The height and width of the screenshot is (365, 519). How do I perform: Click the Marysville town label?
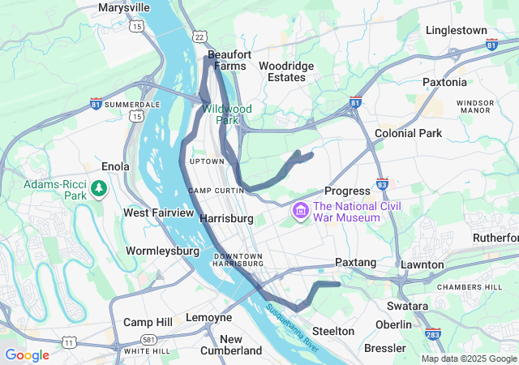click(124, 7)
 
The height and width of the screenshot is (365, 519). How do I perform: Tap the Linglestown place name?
click(457, 30)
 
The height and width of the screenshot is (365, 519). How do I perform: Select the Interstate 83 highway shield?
click(382, 184)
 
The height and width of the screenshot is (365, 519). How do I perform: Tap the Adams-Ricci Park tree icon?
click(99, 189)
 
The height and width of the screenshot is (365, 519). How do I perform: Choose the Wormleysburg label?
click(162, 251)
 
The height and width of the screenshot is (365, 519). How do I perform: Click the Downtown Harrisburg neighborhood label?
click(238, 260)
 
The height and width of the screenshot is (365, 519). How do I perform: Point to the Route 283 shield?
click(433, 333)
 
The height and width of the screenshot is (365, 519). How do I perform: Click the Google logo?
click(27, 355)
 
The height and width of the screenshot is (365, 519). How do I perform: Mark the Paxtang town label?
click(356, 262)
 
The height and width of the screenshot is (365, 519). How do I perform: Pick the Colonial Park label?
click(408, 133)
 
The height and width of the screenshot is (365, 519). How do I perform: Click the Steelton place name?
click(333, 331)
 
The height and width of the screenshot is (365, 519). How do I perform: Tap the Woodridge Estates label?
click(281, 71)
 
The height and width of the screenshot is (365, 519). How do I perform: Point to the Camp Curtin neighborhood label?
click(217, 191)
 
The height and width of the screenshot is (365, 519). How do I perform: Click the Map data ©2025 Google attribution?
click(468, 359)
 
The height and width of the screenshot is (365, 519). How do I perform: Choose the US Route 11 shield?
click(71, 343)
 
